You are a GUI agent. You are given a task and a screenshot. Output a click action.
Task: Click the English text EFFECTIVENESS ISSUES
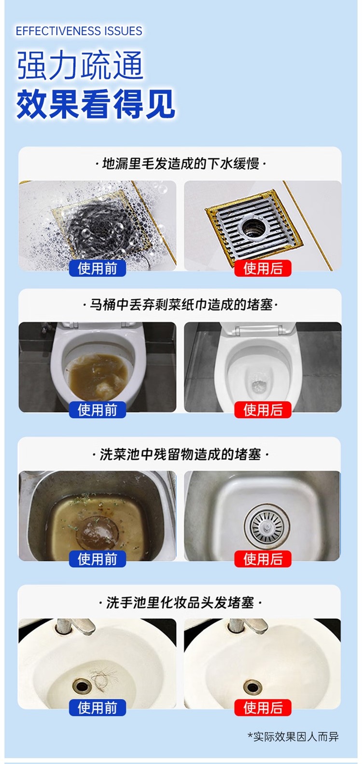tap(79, 31)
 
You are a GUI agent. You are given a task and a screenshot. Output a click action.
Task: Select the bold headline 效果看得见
tap(96, 104)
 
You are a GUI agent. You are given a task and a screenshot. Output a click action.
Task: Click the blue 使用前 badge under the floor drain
tap(97, 268)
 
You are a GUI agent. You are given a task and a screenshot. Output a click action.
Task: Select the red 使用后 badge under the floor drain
tap(263, 268)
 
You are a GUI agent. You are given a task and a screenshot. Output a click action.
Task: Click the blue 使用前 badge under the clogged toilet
tap(97, 409)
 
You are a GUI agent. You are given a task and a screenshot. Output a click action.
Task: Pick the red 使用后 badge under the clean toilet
tap(263, 409)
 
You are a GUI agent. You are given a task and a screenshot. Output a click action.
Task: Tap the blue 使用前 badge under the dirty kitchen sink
tap(97, 559)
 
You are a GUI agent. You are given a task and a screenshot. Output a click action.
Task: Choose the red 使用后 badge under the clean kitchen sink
tap(263, 559)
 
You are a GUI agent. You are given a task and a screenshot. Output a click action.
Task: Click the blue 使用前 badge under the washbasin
tap(97, 708)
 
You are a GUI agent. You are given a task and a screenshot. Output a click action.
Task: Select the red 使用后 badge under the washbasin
tap(263, 708)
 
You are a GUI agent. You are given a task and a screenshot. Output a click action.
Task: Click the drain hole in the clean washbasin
tap(252, 686)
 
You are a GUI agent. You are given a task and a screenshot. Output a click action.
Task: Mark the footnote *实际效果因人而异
tap(293, 737)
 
